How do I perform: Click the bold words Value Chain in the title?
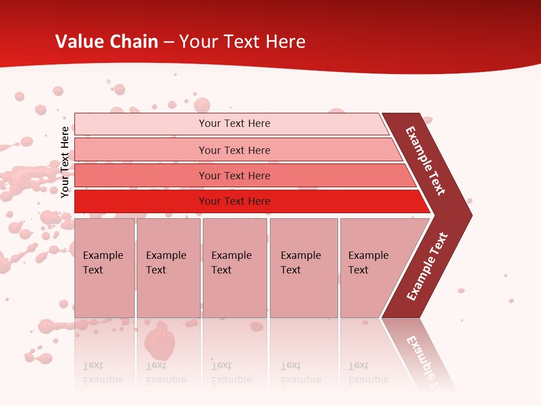(107, 42)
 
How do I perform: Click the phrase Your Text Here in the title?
(242, 42)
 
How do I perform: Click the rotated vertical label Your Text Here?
(65, 162)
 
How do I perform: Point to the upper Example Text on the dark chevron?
(425, 161)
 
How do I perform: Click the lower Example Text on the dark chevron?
(427, 267)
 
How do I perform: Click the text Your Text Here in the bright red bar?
(234, 201)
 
